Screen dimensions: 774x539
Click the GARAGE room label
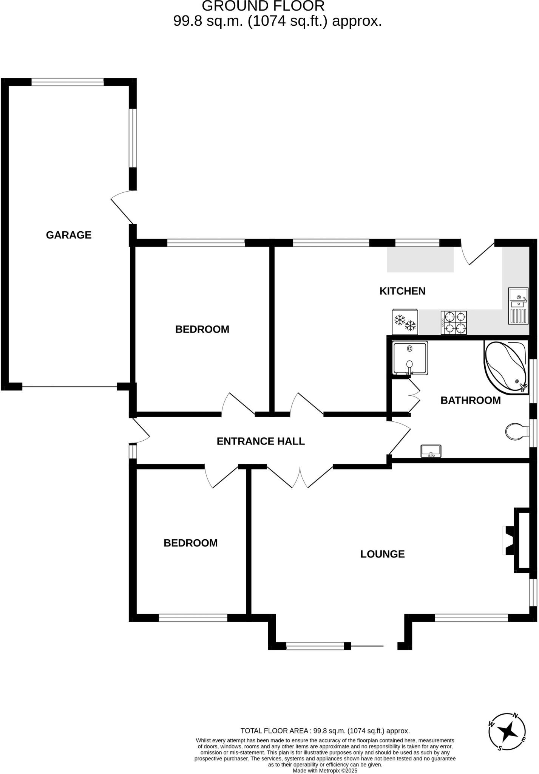click(x=69, y=235)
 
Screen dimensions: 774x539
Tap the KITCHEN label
click(x=402, y=291)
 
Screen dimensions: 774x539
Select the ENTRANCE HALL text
click(x=261, y=441)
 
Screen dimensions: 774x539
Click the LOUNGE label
click(x=382, y=554)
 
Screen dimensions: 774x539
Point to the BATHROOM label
click(x=470, y=400)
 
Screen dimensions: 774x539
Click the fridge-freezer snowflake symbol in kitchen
click(x=405, y=322)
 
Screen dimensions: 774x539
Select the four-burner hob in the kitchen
click(x=454, y=322)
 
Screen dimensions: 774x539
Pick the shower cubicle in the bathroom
click(x=410, y=358)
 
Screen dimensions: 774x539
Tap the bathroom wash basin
click(x=431, y=451)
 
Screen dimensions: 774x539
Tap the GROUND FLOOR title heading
click(x=263, y=6)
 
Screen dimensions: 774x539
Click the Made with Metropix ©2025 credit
click(x=325, y=770)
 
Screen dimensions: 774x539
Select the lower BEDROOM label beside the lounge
click(x=190, y=543)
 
